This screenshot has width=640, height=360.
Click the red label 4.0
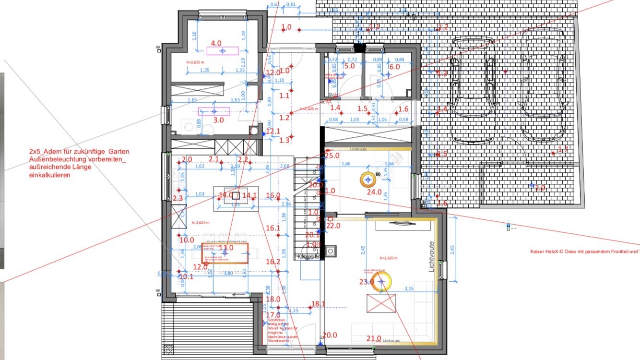(x=216, y=43)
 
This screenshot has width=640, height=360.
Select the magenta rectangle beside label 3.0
(x=214, y=111)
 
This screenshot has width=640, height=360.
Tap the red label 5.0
(x=349, y=66)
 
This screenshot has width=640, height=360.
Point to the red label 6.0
(x=394, y=67)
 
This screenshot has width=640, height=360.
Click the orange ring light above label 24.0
(x=368, y=179)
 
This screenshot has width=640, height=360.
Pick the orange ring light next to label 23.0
(x=382, y=281)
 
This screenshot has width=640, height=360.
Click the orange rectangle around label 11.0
(x=225, y=253)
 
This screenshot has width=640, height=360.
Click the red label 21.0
(x=374, y=338)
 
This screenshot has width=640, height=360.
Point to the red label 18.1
(x=318, y=304)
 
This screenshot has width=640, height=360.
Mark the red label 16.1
(x=273, y=228)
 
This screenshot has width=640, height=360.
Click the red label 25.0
(x=332, y=156)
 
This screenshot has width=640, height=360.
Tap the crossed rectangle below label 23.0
(x=381, y=303)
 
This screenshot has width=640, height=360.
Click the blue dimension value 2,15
(x=409, y=288)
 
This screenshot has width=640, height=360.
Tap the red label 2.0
(x=187, y=159)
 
